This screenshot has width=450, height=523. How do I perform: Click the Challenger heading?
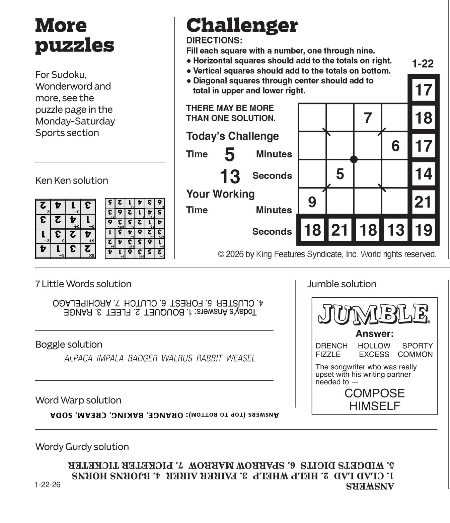[x=242, y=25]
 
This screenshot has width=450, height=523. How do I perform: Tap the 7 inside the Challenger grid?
[x=368, y=118]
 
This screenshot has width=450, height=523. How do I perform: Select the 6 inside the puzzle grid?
[x=395, y=146]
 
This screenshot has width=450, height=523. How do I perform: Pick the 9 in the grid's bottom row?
[x=312, y=202]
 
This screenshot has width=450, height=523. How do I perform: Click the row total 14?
[x=423, y=174]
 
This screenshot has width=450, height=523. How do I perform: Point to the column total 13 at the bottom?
[x=396, y=230]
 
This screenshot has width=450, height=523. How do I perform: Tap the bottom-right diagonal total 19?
[x=424, y=230]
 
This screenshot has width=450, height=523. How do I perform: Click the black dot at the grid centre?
[x=354, y=159]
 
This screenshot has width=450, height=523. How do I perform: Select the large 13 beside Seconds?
[x=230, y=176]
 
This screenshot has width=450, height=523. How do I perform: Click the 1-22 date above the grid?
[x=423, y=64]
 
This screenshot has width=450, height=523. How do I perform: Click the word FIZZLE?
[x=328, y=354]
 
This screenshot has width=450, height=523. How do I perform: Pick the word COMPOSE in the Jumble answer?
[x=374, y=393]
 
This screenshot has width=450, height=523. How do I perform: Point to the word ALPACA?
[x=78, y=358]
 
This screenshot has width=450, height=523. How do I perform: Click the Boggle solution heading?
[x=69, y=344]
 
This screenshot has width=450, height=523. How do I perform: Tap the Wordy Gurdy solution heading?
[x=82, y=447]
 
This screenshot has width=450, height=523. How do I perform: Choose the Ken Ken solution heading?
[x=72, y=180]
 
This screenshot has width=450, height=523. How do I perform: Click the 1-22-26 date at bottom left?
[x=48, y=484]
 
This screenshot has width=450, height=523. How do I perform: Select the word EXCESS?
[x=374, y=354]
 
